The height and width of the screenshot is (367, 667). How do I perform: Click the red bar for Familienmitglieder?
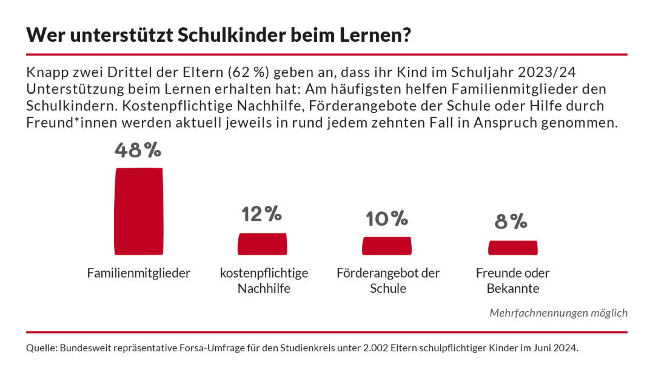pyautogui.click(x=138, y=211)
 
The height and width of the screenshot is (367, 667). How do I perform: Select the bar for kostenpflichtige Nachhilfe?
pyautogui.click(x=262, y=244)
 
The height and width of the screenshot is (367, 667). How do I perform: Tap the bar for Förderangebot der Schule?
pyautogui.click(x=386, y=245)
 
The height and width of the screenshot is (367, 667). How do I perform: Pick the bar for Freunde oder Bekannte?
pyautogui.click(x=512, y=247)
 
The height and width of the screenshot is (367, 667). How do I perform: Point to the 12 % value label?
pyautogui.click(x=262, y=214)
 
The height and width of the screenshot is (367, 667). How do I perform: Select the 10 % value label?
pyautogui.click(x=386, y=218)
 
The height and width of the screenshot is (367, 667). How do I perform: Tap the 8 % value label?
pyautogui.click(x=511, y=222)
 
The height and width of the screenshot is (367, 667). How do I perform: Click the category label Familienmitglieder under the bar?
pyautogui.click(x=139, y=273)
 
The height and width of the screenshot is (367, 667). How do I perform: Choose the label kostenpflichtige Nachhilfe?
pyautogui.click(x=264, y=281)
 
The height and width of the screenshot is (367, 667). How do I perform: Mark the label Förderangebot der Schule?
pyautogui.click(x=388, y=281)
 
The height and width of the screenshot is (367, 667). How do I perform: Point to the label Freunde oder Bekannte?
pyautogui.click(x=513, y=281)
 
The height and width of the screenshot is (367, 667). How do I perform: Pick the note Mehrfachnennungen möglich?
pyautogui.click(x=558, y=313)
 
